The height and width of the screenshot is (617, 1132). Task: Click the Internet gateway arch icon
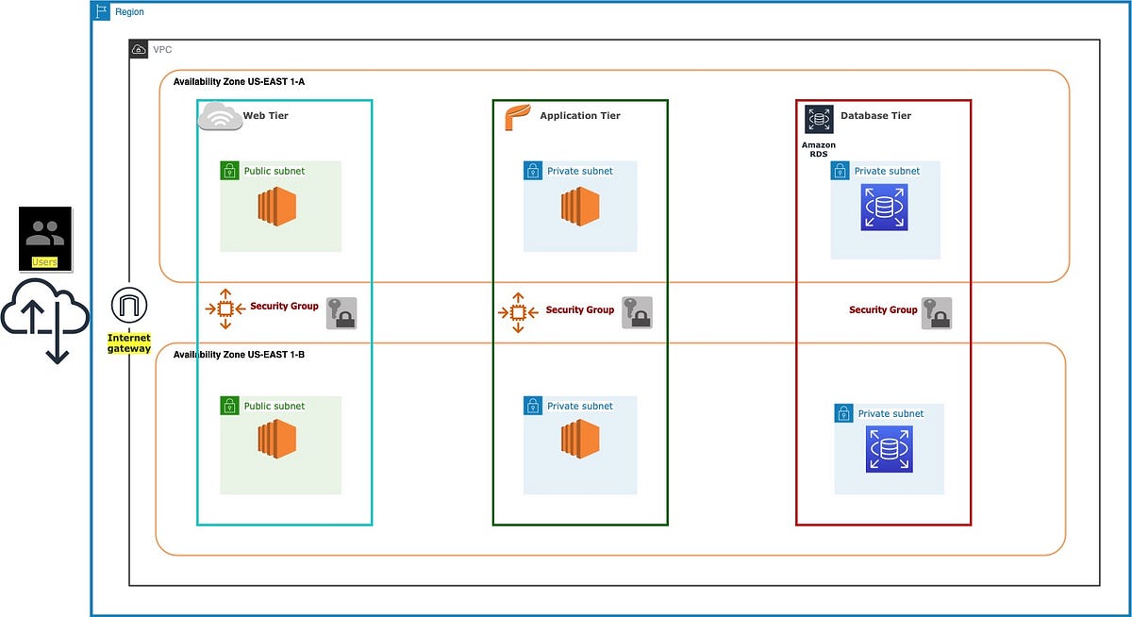coord(129,306)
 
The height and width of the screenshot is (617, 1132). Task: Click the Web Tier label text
coord(265,116)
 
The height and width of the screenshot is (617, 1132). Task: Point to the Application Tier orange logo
coord(517,117)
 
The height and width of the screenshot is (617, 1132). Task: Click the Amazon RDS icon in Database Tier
coord(818,119)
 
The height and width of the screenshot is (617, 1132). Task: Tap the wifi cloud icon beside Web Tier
coord(219,116)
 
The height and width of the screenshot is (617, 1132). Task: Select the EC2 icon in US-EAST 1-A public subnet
coord(277,206)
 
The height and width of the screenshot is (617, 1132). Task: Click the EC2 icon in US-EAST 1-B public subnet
coord(277,440)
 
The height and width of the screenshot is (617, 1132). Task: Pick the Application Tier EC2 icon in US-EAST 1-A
coord(580,206)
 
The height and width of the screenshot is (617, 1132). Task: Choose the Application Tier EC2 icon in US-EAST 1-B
coord(580,440)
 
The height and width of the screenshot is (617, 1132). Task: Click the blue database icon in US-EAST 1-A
coord(884,208)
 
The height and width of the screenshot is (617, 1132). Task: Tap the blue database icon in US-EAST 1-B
coord(889,449)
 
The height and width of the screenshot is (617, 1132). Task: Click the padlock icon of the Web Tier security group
coord(341,312)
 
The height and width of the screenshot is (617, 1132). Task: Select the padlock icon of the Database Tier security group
coord(936,312)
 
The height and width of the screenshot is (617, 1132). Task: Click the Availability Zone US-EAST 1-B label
coord(239,355)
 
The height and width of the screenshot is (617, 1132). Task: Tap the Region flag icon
coord(102,11)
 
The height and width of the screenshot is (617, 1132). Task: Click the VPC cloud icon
coord(139,49)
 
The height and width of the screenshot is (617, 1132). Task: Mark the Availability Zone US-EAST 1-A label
coord(239,82)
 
